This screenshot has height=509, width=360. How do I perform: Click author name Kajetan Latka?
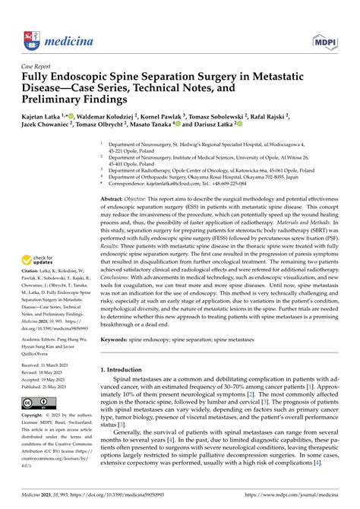click(43, 112)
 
